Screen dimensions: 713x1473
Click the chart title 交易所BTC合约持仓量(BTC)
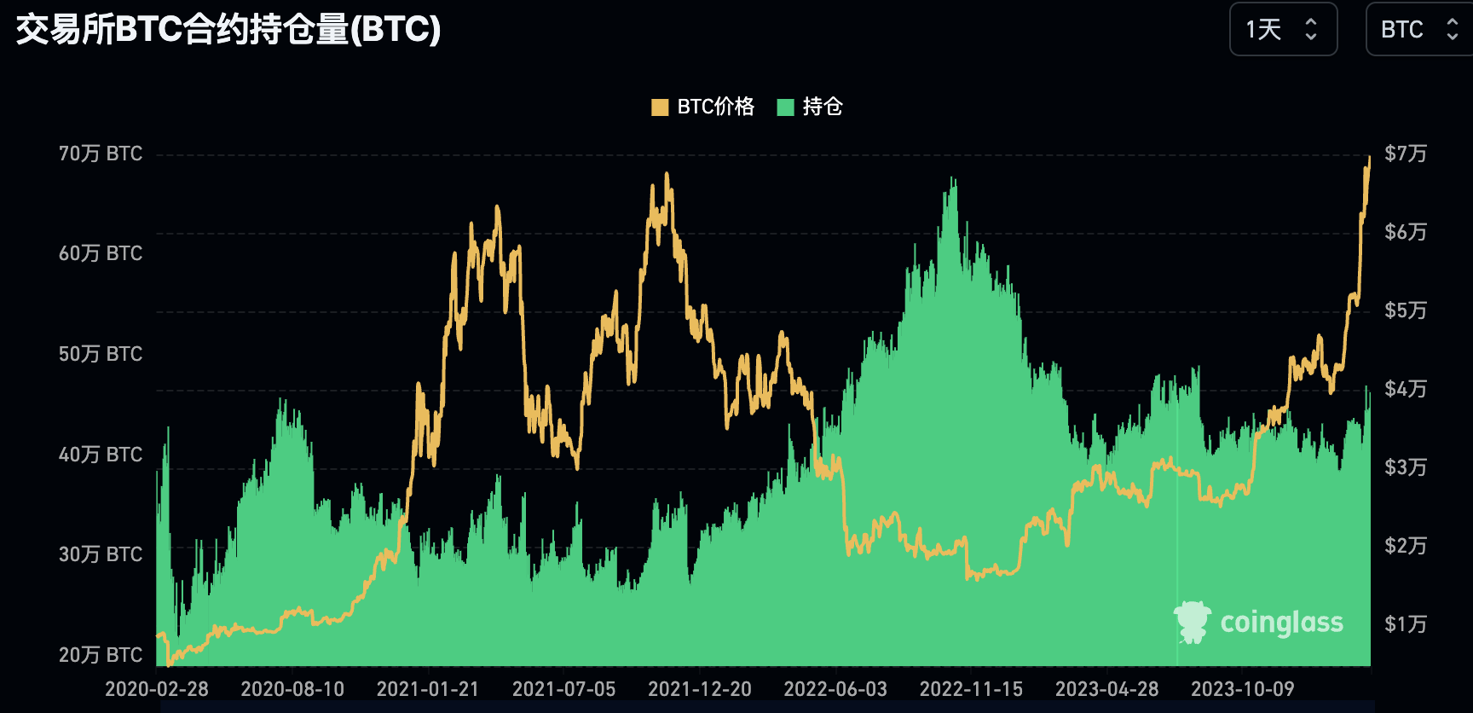coord(228,30)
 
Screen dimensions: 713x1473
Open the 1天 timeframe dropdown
coord(1283,30)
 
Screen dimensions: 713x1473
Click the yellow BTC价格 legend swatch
coord(659,107)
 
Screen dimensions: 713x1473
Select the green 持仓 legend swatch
coord(785,107)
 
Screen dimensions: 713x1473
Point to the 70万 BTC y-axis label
coord(100,154)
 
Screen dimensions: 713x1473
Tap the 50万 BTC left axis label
coord(100,354)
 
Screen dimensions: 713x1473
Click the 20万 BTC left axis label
coord(100,655)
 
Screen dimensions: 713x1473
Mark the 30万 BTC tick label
coord(100,554)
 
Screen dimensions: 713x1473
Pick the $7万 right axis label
coord(1405,154)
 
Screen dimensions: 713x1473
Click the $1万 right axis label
coord(1405,624)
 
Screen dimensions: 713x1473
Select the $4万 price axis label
coord(1405,389)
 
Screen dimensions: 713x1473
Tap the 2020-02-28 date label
coord(157,689)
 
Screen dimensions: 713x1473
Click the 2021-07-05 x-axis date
coord(563,689)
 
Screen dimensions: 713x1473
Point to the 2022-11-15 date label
coord(971,689)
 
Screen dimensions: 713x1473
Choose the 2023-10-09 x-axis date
coord(1242,689)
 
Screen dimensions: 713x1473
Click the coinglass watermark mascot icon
coord(1192,622)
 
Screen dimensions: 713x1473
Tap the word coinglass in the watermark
coord(1281,623)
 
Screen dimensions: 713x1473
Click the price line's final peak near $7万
coord(1369,158)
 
